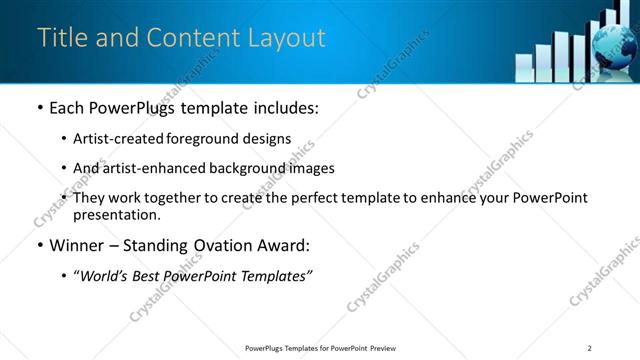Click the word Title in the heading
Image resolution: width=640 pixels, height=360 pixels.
pos(61,38)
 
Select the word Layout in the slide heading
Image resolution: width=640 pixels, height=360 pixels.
pos(284,38)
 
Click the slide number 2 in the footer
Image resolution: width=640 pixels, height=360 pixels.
pos(589,347)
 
